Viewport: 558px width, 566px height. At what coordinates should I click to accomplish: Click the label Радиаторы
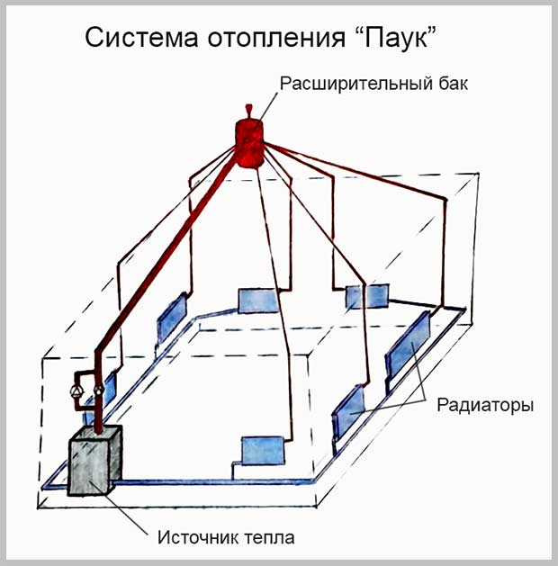tap(485, 405)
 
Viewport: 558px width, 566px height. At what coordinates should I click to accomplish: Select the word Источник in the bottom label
tap(195, 538)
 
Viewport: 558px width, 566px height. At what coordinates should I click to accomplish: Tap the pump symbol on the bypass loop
tap(71, 392)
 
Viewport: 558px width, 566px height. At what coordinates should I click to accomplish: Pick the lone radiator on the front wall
tap(261, 448)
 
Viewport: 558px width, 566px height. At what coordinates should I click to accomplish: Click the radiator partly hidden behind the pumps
tap(106, 390)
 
